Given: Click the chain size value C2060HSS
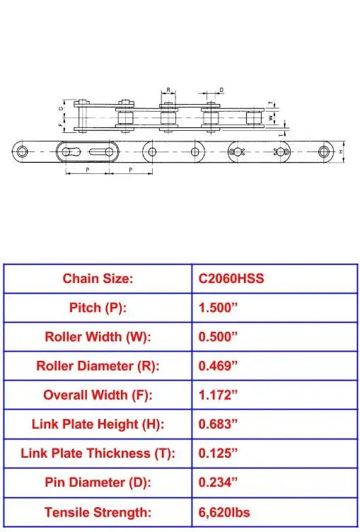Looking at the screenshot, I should [231, 279].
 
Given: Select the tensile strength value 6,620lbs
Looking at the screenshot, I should [224, 511].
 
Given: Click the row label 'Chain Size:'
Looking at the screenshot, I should [98, 279].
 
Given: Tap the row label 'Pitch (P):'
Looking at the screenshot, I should [98, 308].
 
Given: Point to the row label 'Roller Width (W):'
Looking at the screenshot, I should [98, 337].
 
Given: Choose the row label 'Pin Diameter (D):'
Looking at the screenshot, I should [98, 482].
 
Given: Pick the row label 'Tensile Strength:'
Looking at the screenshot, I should [98, 511].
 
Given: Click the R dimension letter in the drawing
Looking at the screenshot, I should [168, 91].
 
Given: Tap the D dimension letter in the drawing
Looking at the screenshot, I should [221, 91].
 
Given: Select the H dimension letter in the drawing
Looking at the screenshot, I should [342, 151].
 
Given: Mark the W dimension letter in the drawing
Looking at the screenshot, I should [271, 117].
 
